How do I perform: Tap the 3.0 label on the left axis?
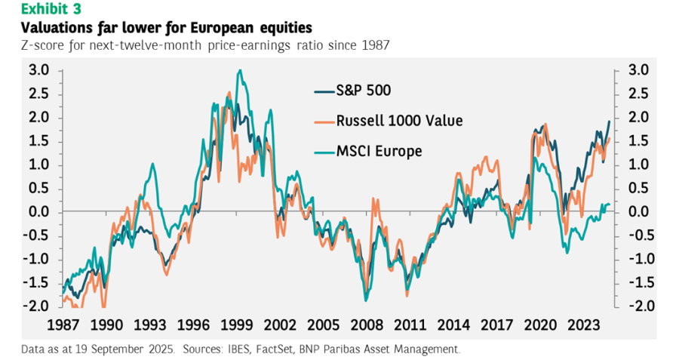(x=39, y=70)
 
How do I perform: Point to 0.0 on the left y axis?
(x=39, y=212)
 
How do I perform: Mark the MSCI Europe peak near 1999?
(x=239, y=71)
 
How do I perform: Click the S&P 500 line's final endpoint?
(x=610, y=122)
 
